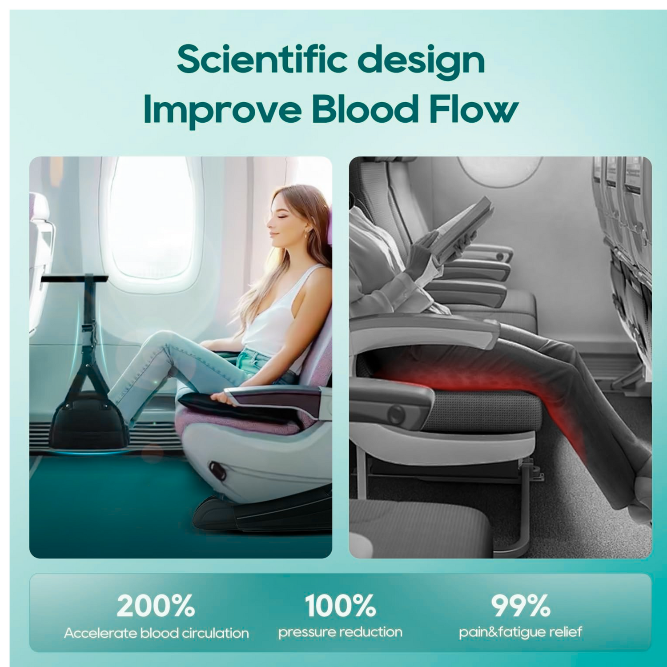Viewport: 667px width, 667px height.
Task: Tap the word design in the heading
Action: [x=421, y=63]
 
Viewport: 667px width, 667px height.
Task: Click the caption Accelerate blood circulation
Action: [x=157, y=633]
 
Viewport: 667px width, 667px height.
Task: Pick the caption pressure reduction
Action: [x=340, y=632]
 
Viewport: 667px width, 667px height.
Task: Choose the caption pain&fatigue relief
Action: [x=520, y=632]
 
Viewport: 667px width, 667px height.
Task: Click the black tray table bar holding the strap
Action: [x=75, y=278]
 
